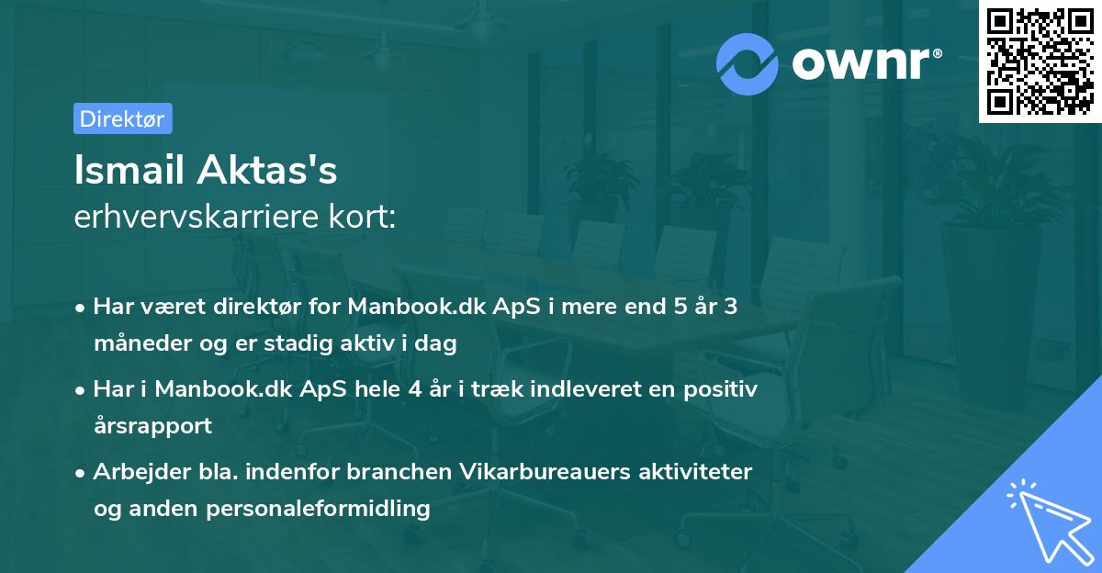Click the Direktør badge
tap(122, 118)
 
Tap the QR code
tap(1040, 61)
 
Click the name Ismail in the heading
tap(129, 171)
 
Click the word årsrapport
tap(152, 425)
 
